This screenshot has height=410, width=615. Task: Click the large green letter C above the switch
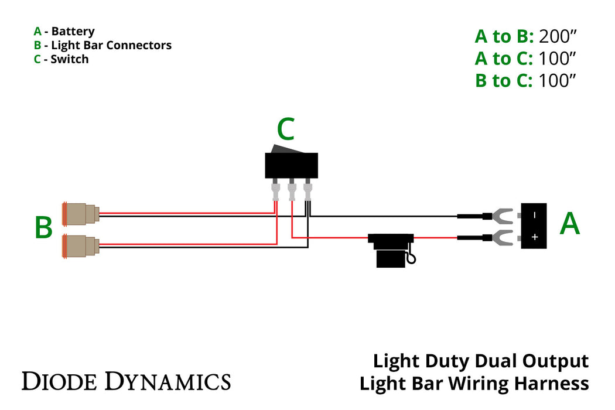(x=285, y=130)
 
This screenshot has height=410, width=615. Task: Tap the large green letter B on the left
(x=43, y=228)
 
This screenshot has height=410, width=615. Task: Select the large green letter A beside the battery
(x=569, y=224)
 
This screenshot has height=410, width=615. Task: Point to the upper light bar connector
(x=80, y=214)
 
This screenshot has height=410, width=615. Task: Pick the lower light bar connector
(x=80, y=246)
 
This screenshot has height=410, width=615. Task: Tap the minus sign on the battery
(x=534, y=216)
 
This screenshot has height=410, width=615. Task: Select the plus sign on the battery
(x=534, y=237)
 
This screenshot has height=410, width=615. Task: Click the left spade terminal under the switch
(x=275, y=191)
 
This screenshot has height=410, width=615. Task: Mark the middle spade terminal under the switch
(x=291, y=191)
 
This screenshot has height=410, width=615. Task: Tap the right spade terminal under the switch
(x=307, y=191)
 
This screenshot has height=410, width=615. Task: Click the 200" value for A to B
(x=558, y=37)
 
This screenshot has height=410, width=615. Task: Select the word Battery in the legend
(x=73, y=32)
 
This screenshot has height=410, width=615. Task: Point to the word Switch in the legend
(x=70, y=59)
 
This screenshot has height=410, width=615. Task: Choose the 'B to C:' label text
(x=504, y=80)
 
